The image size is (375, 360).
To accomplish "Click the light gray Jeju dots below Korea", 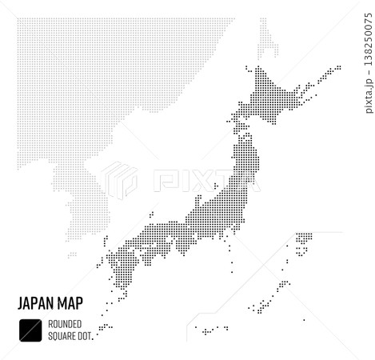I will (72, 255).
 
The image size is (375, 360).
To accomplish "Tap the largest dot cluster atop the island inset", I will (303, 238).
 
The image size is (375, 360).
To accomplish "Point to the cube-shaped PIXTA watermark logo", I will (118, 179).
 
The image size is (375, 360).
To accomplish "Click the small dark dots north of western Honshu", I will (150, 214).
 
